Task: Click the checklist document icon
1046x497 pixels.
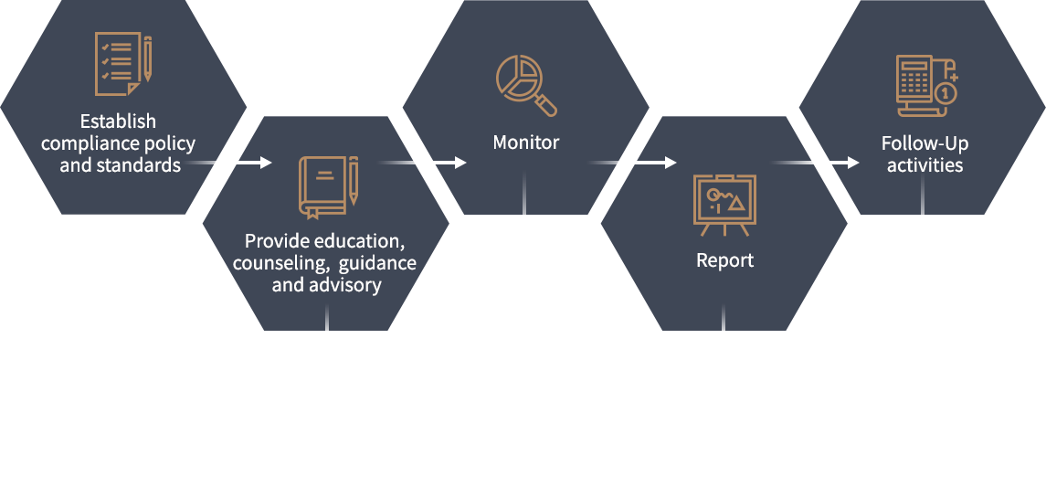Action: point(123,63)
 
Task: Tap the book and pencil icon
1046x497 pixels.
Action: point(328,187)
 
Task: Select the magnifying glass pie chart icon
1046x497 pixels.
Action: point(526,86)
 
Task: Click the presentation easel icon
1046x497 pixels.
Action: point(724,205)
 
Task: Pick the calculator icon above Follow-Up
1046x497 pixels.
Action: point(926,86)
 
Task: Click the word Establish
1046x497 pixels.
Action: point(118,122)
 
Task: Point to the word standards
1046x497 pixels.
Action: point(138,164)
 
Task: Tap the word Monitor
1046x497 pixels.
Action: point(525,143)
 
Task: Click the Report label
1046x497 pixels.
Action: point(724,260)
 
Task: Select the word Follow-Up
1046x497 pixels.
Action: point(924,143)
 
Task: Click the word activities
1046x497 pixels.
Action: point(924,164)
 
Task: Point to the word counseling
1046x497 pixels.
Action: point(280,263)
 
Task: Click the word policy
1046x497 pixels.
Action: point(169,144)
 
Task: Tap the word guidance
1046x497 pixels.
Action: point(377,263)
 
